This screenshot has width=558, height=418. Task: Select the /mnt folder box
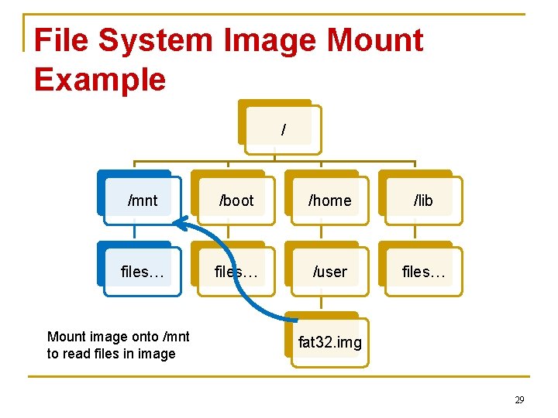pyautogui.click(x=143, y=200)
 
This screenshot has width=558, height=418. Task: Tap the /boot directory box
pyautogui.click(x=236, y=200)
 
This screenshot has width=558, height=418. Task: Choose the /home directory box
pyautogui.click(x=330, y=200)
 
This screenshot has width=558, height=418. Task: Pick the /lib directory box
pyautogui.click(x=423, y=200)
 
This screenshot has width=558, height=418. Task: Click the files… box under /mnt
pyautogui.click(x=143, y=272)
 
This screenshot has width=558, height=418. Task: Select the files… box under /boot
pyautogui.click(x=236, y=272)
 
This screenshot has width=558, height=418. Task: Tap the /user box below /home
pyautogui.click(x=330, y=272)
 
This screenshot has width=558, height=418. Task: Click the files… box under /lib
pyautogui.click(x=423, y=272)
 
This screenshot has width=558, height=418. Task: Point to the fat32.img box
pyautogui.click(x=330, y=342)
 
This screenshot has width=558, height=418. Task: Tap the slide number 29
pyautogui.click(x=519, y=399)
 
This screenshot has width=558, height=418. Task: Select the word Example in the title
pyautogui.click(x=100, y=79)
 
